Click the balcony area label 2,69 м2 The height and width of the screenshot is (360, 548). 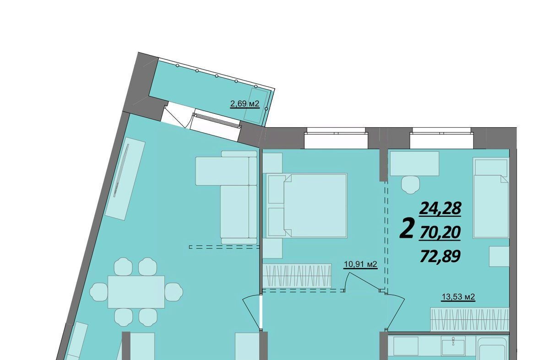tap(244, 104)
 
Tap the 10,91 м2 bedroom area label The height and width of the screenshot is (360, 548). tap(360, 264)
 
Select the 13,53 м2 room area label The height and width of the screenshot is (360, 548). tap(458, 297)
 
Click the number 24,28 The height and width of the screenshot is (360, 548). tap(440, 209)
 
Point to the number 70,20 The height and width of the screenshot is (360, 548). tap(440, 232)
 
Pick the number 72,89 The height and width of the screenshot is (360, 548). tap(440, 256)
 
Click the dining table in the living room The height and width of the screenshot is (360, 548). tap(136, 291)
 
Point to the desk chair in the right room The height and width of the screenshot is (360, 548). tap(411, 185)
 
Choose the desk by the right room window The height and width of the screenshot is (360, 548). tap(414, 163)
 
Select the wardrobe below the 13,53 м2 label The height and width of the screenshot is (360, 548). tap(469, 319)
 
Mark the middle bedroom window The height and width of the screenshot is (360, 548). tap(336, 138)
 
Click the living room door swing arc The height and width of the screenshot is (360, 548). tap(250, 310)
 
